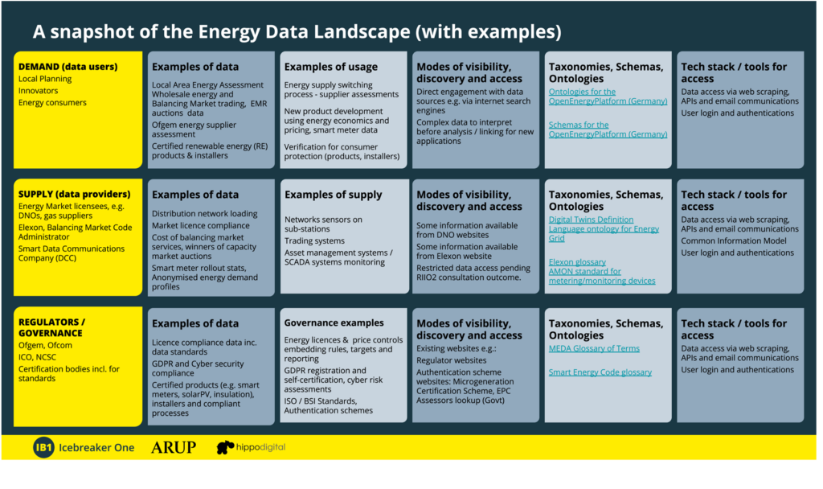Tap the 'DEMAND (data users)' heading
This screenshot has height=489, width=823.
point(68,67)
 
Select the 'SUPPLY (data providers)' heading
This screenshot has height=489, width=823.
point(75,194)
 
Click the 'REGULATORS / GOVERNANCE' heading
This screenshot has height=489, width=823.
point(51,327)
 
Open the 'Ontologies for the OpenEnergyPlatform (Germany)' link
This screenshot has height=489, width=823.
point(608,97)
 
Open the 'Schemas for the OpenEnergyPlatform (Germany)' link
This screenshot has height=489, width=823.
point(608,129)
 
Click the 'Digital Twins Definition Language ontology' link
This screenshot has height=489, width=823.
point(604,228)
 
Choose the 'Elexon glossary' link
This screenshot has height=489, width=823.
point(577,261)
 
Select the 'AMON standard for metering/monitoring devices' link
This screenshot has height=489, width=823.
point(602,276)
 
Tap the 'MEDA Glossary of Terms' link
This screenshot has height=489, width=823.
point(594,348)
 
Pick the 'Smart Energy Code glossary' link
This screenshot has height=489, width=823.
point(600,372)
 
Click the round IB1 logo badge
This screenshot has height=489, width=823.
point(43,447)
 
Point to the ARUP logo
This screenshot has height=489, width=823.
point(174,447)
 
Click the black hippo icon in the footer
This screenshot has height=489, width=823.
point(225,447)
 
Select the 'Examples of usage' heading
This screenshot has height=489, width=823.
point(330,67)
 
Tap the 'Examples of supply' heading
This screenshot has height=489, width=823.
point(334,195)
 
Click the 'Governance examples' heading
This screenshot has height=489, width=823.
point(334,323)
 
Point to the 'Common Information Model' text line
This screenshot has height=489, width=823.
point(734,240)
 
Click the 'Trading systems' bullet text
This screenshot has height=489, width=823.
point(314,240)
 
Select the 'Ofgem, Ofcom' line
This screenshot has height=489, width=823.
point(45,345)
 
